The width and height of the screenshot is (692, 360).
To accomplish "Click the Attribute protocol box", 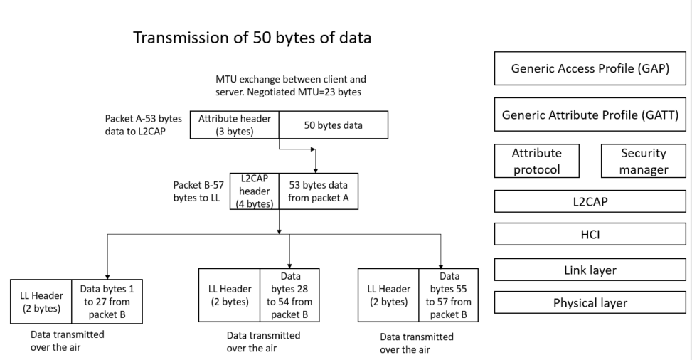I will click(x=537, y=162).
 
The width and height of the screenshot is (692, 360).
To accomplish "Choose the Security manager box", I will click(x=643, y=162).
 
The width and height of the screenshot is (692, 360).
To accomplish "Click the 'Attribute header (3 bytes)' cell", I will click(x=234, y=125).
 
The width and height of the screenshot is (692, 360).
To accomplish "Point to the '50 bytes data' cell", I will click(x=332, y=125).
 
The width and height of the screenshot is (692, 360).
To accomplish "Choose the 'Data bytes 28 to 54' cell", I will click(x=289, y=294).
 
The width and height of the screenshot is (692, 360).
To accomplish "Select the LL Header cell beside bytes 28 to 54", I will click(x=228, y=294).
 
